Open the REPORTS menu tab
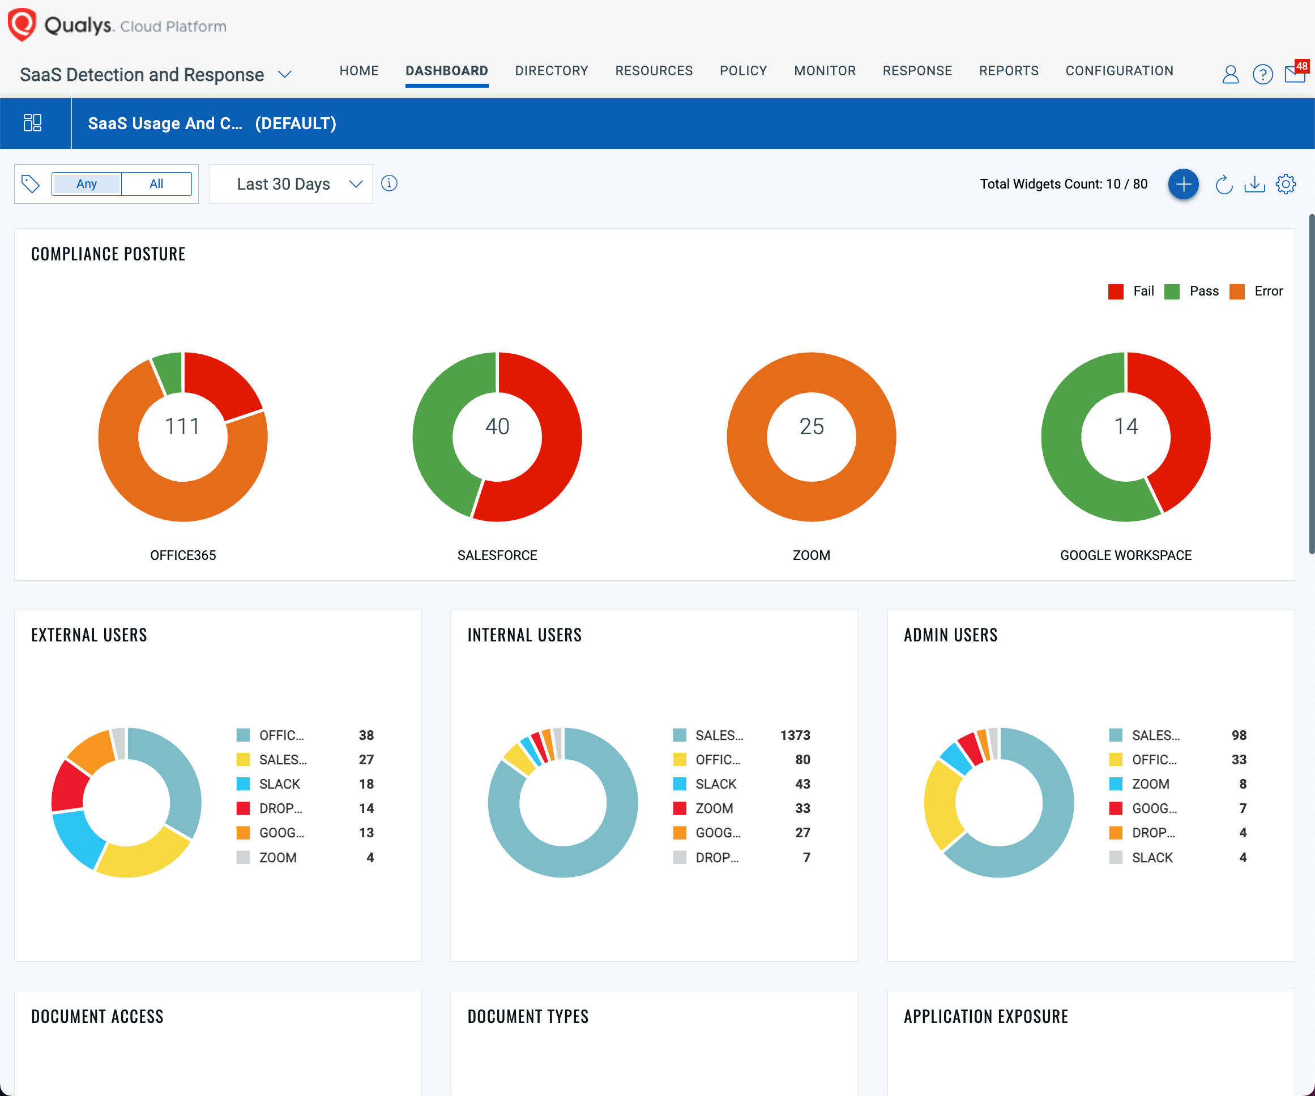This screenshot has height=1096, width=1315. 1008,71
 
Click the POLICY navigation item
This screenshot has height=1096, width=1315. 742,71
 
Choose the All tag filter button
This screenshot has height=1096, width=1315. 156,184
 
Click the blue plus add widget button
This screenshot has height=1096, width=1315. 1183,184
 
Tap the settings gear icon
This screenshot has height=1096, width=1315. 1286,184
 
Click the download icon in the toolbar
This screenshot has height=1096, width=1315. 1254,184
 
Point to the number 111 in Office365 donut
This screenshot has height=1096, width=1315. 182,427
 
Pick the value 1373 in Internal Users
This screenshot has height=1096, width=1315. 795,735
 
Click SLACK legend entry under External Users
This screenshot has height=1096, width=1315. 279,784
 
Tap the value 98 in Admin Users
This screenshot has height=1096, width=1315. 1239,735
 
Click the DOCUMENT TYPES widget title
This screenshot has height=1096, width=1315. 528,1017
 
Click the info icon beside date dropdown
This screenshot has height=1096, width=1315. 389,183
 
